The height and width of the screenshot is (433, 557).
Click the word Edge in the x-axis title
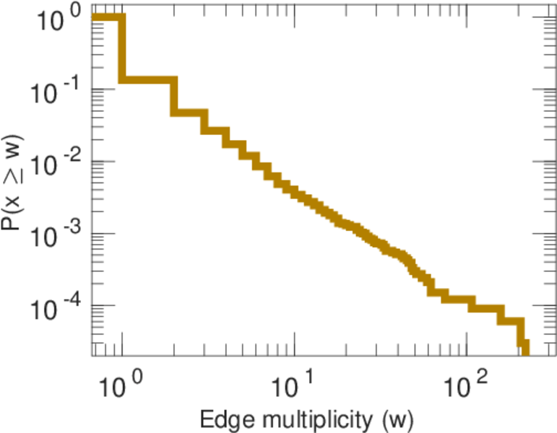tap(225, 419)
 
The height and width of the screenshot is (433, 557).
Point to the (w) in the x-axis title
tap(397, 419)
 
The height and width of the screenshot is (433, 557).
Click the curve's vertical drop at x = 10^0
tap(122, 48)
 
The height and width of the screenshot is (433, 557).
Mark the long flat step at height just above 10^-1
tap(147, 79)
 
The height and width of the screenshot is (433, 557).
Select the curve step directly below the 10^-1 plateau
tap(189, 113)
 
